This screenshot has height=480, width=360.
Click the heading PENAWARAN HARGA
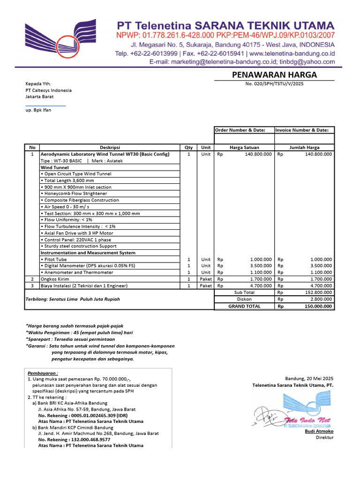[274, 75]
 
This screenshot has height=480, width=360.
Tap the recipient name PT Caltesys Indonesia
[49, 90]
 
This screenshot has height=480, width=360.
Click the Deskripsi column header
[110, 147]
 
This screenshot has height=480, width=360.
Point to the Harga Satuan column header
[244, 147]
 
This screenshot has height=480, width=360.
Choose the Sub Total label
[244, 292]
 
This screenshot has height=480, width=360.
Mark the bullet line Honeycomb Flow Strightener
[75, 194]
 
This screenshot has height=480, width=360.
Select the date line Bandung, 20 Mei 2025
[309, 378]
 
